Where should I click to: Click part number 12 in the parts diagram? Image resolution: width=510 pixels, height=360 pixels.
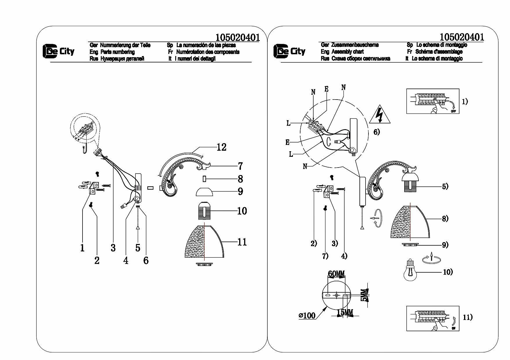click(221, 147)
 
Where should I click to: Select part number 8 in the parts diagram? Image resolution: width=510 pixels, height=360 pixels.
click(240, 179)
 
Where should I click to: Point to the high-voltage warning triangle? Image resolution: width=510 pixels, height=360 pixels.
click(380, 115)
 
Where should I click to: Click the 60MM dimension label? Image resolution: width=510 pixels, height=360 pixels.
click(336, 274)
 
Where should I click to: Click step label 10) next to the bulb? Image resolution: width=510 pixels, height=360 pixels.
click(448, 272)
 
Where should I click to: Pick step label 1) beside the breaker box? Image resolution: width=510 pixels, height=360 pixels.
click(465, 102)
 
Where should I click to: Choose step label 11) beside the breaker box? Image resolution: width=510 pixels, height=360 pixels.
click(468, 318)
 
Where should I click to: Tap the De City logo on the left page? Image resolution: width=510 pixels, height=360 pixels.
click(59, 51)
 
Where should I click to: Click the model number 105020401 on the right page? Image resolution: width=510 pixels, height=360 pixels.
click(462, 37)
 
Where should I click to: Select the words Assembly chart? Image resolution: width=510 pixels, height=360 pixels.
click(348, 52)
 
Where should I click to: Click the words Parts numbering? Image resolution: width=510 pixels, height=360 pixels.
click(117, 52)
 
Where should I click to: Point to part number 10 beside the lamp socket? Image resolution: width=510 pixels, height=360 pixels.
click(242, 211)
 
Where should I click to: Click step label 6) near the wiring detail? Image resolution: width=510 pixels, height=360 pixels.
click(376, 132)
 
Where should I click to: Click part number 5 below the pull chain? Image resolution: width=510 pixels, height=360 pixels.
click(138, 248)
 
